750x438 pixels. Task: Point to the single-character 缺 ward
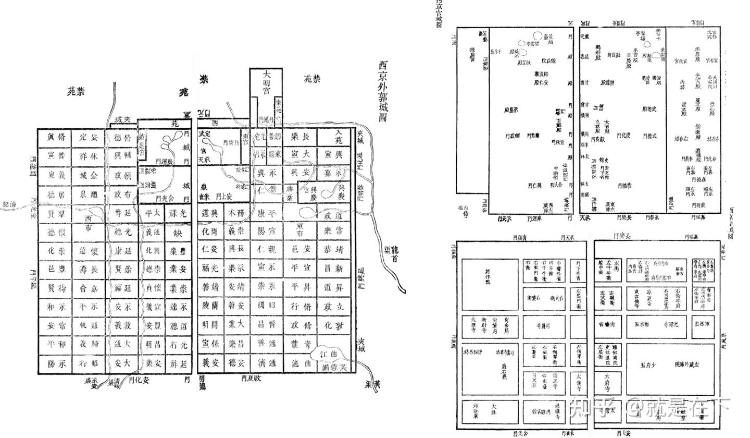coord(178,233)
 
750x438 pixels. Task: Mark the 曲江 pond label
coord(333,355)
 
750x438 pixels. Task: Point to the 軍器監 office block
coord(703,324)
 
